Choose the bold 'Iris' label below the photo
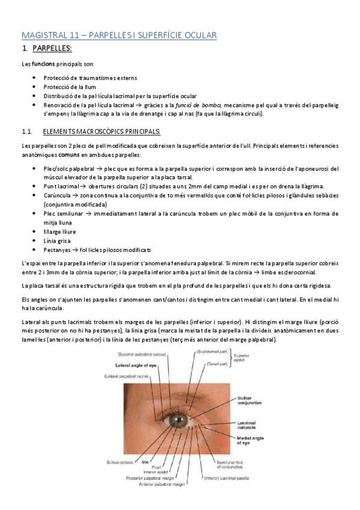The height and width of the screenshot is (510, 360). click(145, 462)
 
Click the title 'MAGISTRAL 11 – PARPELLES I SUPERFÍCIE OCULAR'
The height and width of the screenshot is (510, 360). click(119, 35)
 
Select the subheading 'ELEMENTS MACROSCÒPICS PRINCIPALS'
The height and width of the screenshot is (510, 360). click(102, 132)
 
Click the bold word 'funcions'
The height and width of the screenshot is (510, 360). click(44, 64)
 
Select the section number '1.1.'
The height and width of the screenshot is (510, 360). click(26, 132)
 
